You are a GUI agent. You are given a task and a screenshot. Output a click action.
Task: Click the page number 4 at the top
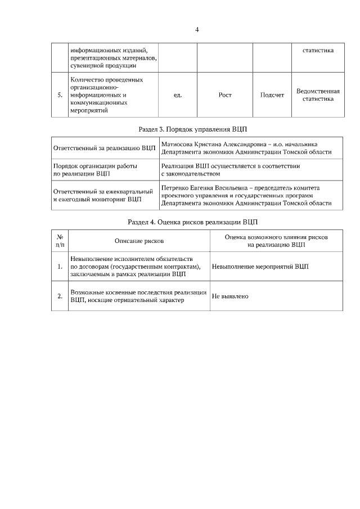pyautogui.click(x=197, y=29)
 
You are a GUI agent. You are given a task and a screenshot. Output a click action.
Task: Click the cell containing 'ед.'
pyautogui.click(x=177, y=95)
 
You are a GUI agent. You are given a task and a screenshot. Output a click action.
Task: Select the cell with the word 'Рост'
pyautogui.click(x=224, y=95)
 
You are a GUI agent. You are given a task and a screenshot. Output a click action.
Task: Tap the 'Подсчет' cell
pyautogui.click(x=272, y=95)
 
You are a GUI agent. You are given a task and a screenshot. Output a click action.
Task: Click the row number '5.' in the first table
pyautogui.click(x=60, y=95)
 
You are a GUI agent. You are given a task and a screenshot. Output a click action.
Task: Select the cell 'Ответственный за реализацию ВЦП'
pyautogui.click(x=104, y=148)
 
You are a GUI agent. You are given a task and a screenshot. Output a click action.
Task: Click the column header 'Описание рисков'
pyautogui.click(x=139, y=241)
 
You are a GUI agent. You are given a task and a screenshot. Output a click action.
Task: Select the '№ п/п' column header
pyautogui.click(x=60, y=241)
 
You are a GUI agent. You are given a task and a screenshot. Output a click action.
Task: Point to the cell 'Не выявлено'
pyautogui.click(x=230, y=296)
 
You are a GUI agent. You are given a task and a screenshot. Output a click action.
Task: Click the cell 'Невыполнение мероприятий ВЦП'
pyautogui.click(x=260, y=267)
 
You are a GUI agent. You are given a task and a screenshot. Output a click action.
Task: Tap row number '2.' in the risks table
pyautogui.click(x=60, y=296)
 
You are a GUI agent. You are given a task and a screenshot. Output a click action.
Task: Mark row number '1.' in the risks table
pyautogui.click(x=60, y=267)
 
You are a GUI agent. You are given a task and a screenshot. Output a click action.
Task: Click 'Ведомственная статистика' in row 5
pyautogui.click(x=318, y=95)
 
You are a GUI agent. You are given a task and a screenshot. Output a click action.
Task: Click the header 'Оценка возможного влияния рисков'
pyautogui.click(x=276, y=237)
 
